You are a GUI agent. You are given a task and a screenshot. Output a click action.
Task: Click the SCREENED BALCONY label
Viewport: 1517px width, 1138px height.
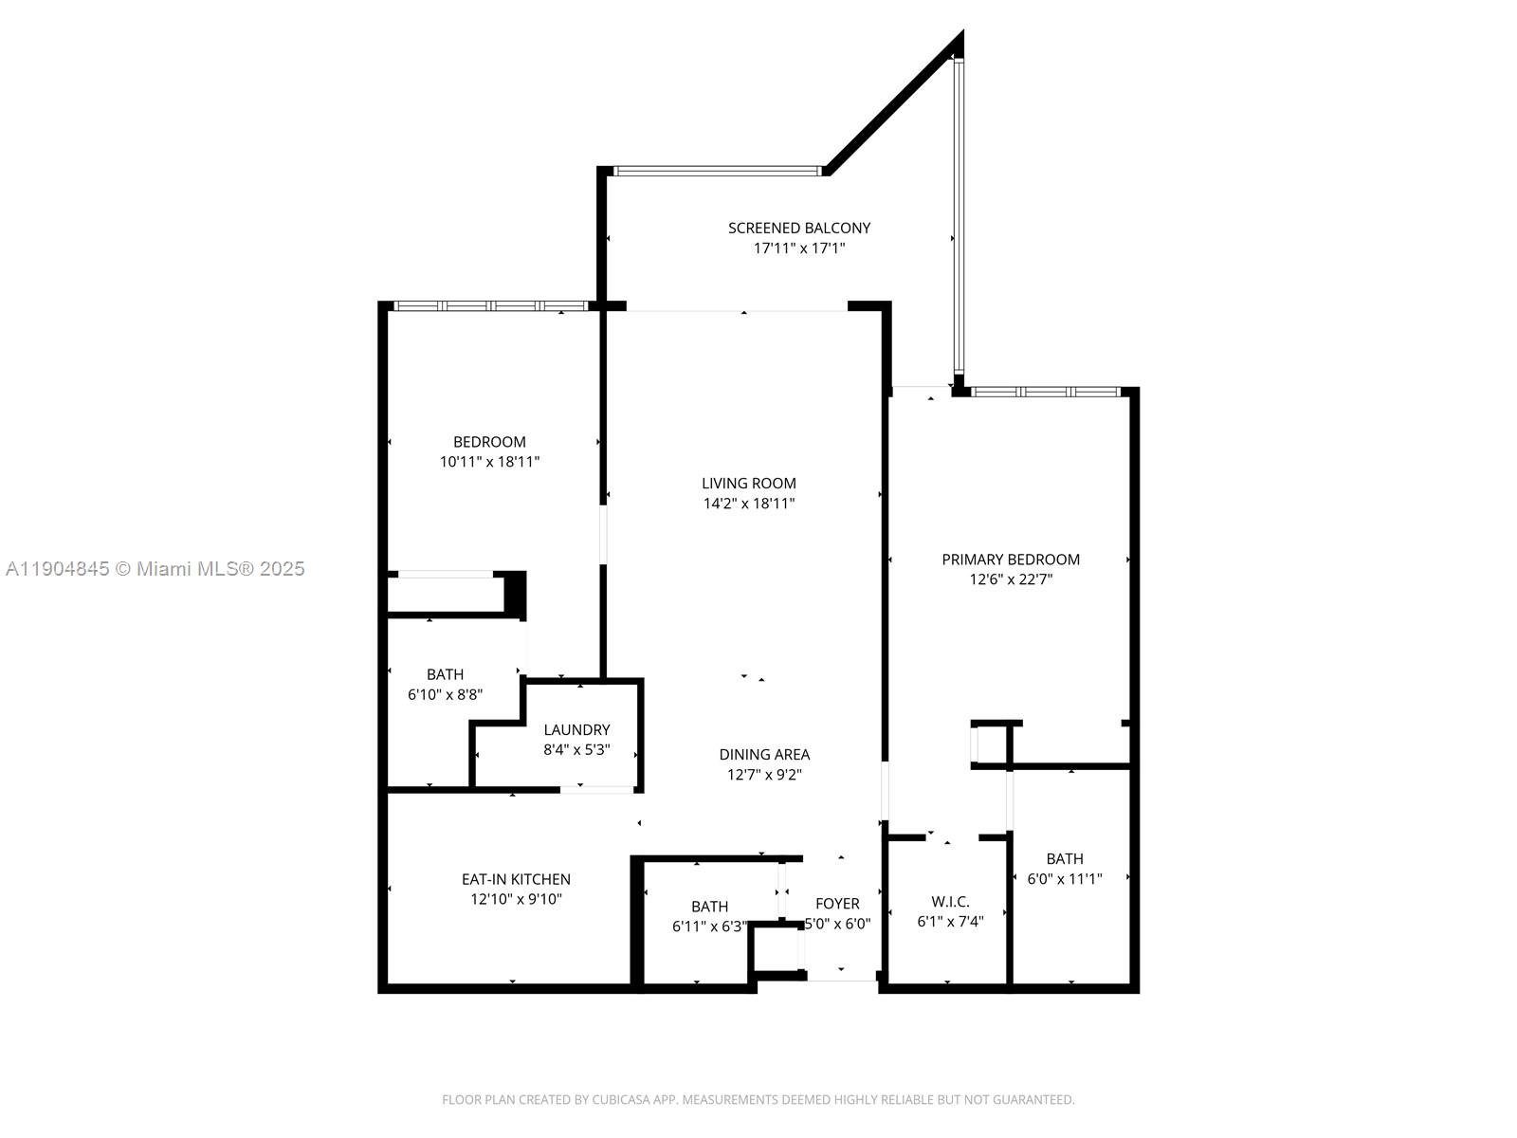(x=798, y=228)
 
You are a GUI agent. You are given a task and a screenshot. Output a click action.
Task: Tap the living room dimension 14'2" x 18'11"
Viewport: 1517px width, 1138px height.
(x=748, y=504)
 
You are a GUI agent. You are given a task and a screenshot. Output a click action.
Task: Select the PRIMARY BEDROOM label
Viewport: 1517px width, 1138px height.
(x=1011, y=560)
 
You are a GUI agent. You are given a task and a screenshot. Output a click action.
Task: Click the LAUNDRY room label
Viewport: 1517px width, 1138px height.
(x=576, y=729)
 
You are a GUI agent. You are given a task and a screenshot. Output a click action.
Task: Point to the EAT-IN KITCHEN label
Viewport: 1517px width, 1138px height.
(x=516, y=879)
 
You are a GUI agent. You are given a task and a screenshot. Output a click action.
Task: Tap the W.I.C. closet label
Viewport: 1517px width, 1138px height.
(x=950, y=902)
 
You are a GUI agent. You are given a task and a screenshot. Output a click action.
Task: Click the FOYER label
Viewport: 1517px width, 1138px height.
(x=837, y=904)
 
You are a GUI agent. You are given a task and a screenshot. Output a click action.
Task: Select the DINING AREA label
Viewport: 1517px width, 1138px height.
(x=764, y=755)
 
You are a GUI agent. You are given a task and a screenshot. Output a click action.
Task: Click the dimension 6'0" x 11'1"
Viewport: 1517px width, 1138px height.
(x=1065, y=879)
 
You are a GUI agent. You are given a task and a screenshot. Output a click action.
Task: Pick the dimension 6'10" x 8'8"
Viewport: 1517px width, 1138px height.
(x=445, y=694)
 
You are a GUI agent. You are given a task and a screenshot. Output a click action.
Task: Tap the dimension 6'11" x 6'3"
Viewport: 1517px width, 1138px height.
(x=709, y=927)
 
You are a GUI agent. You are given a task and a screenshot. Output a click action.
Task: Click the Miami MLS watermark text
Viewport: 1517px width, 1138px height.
(x=155, y=569)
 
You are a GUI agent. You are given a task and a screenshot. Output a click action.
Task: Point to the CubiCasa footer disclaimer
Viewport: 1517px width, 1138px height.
(x=758, y=1100)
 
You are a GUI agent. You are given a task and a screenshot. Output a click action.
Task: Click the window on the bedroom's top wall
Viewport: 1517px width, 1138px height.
(x=490, y=306)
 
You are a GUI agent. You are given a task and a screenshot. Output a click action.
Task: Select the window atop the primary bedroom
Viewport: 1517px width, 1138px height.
(x=1045, y=392)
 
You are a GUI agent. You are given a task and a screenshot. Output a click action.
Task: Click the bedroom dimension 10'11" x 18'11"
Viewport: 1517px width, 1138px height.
(x=489, y=462)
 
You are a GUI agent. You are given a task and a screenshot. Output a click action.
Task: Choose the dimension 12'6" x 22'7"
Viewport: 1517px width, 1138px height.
(x=1011, y=579)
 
